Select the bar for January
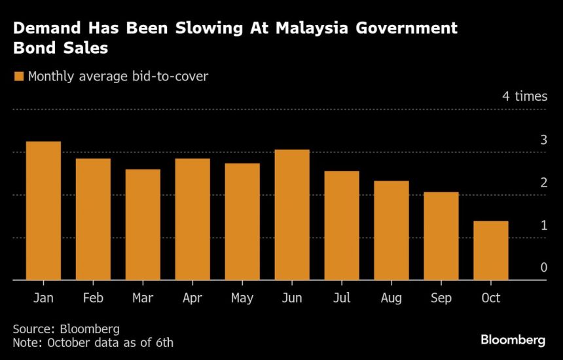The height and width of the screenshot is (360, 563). coord(43,211)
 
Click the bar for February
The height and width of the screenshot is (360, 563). coord(93,219)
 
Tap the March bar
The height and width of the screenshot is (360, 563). coord(143,225)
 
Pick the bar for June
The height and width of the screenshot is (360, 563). coord(292,215)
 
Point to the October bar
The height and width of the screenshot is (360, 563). coord(491,251)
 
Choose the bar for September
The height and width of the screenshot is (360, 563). coord(441,236)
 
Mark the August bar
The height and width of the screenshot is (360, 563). coord(391,230)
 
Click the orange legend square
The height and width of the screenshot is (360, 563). coord(19,77)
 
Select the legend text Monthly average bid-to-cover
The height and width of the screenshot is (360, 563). coord(118,77)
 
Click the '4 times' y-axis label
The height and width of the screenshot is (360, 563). coord(524,96)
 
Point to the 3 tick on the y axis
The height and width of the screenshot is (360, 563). coord(543,139)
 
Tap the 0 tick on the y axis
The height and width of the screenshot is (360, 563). coord(543,267)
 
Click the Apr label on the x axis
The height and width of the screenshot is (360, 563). coord(192,298)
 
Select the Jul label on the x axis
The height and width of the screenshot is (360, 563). coord(342,298)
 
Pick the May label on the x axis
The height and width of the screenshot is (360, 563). coord(242,298)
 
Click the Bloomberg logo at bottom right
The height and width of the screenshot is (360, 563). coord(513,340)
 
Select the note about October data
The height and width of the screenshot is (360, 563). coord(93,342)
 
